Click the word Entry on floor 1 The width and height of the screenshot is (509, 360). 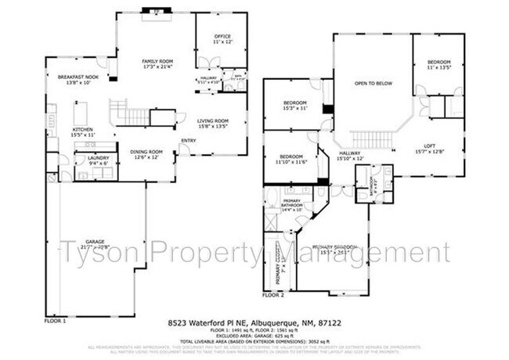[x=189, y=142]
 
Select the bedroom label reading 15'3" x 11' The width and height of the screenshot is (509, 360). [x=294, y=105]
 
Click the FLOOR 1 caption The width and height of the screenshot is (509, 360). [x=55, y=321]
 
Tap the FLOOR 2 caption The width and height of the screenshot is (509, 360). [x=273, y=296]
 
